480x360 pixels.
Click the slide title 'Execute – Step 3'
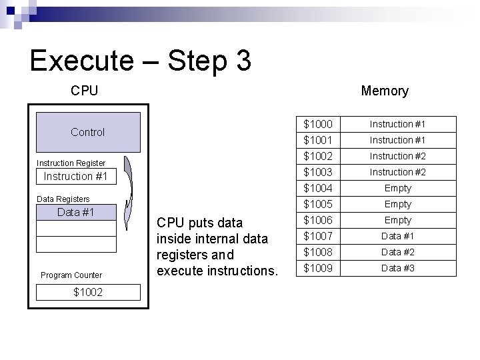140,61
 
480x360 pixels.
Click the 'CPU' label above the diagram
84,90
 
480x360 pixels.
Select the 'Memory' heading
384,91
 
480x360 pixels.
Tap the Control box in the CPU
88,132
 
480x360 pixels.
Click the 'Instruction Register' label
71,163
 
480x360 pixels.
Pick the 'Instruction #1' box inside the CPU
76,177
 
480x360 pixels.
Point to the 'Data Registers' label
63,199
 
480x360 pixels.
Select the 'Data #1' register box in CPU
76,213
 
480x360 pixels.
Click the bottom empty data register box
76,244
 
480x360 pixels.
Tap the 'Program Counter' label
71,275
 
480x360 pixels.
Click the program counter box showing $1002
88,292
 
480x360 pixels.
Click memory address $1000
318,124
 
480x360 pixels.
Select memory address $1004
318,188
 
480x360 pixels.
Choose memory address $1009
318,268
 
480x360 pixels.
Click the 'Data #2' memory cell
398,252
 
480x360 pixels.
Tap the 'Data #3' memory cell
398,268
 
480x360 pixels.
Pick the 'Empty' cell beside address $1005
398,204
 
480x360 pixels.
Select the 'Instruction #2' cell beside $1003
398,172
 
